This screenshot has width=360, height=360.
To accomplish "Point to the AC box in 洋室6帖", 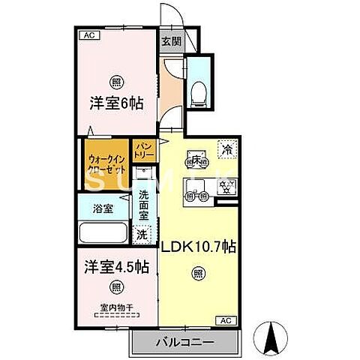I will click(88, 35).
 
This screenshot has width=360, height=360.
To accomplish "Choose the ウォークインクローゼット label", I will click(104, 163).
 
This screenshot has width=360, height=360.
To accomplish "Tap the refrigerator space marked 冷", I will click(225, 150).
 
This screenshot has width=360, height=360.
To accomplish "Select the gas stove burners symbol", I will click(224, 187).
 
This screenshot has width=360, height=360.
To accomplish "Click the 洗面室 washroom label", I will click(143, 205).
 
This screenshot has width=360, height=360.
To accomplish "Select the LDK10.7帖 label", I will click(196, 247).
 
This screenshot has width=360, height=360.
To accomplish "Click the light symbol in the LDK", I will click(197, 274).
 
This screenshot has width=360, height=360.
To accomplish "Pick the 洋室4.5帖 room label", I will click(115, 265).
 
